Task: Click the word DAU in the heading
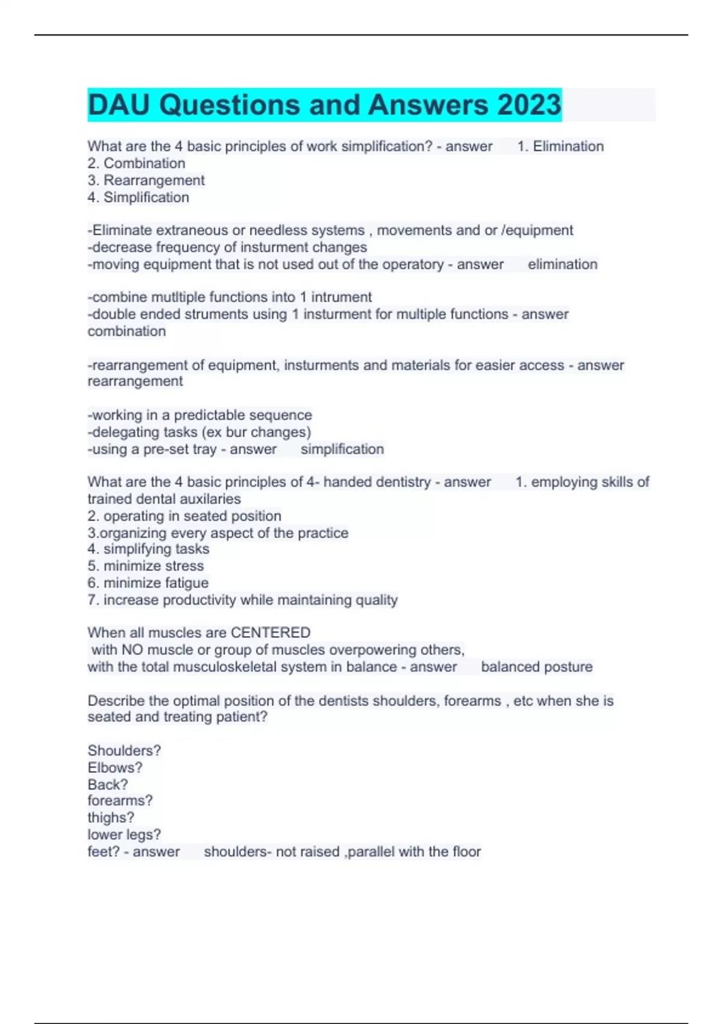coord(119,105)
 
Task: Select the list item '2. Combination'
coord(136,163)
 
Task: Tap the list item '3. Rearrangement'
coord(146,180)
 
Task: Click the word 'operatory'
coord(415,264)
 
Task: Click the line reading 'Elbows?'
coord(115,767)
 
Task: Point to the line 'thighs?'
coord(111,817)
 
